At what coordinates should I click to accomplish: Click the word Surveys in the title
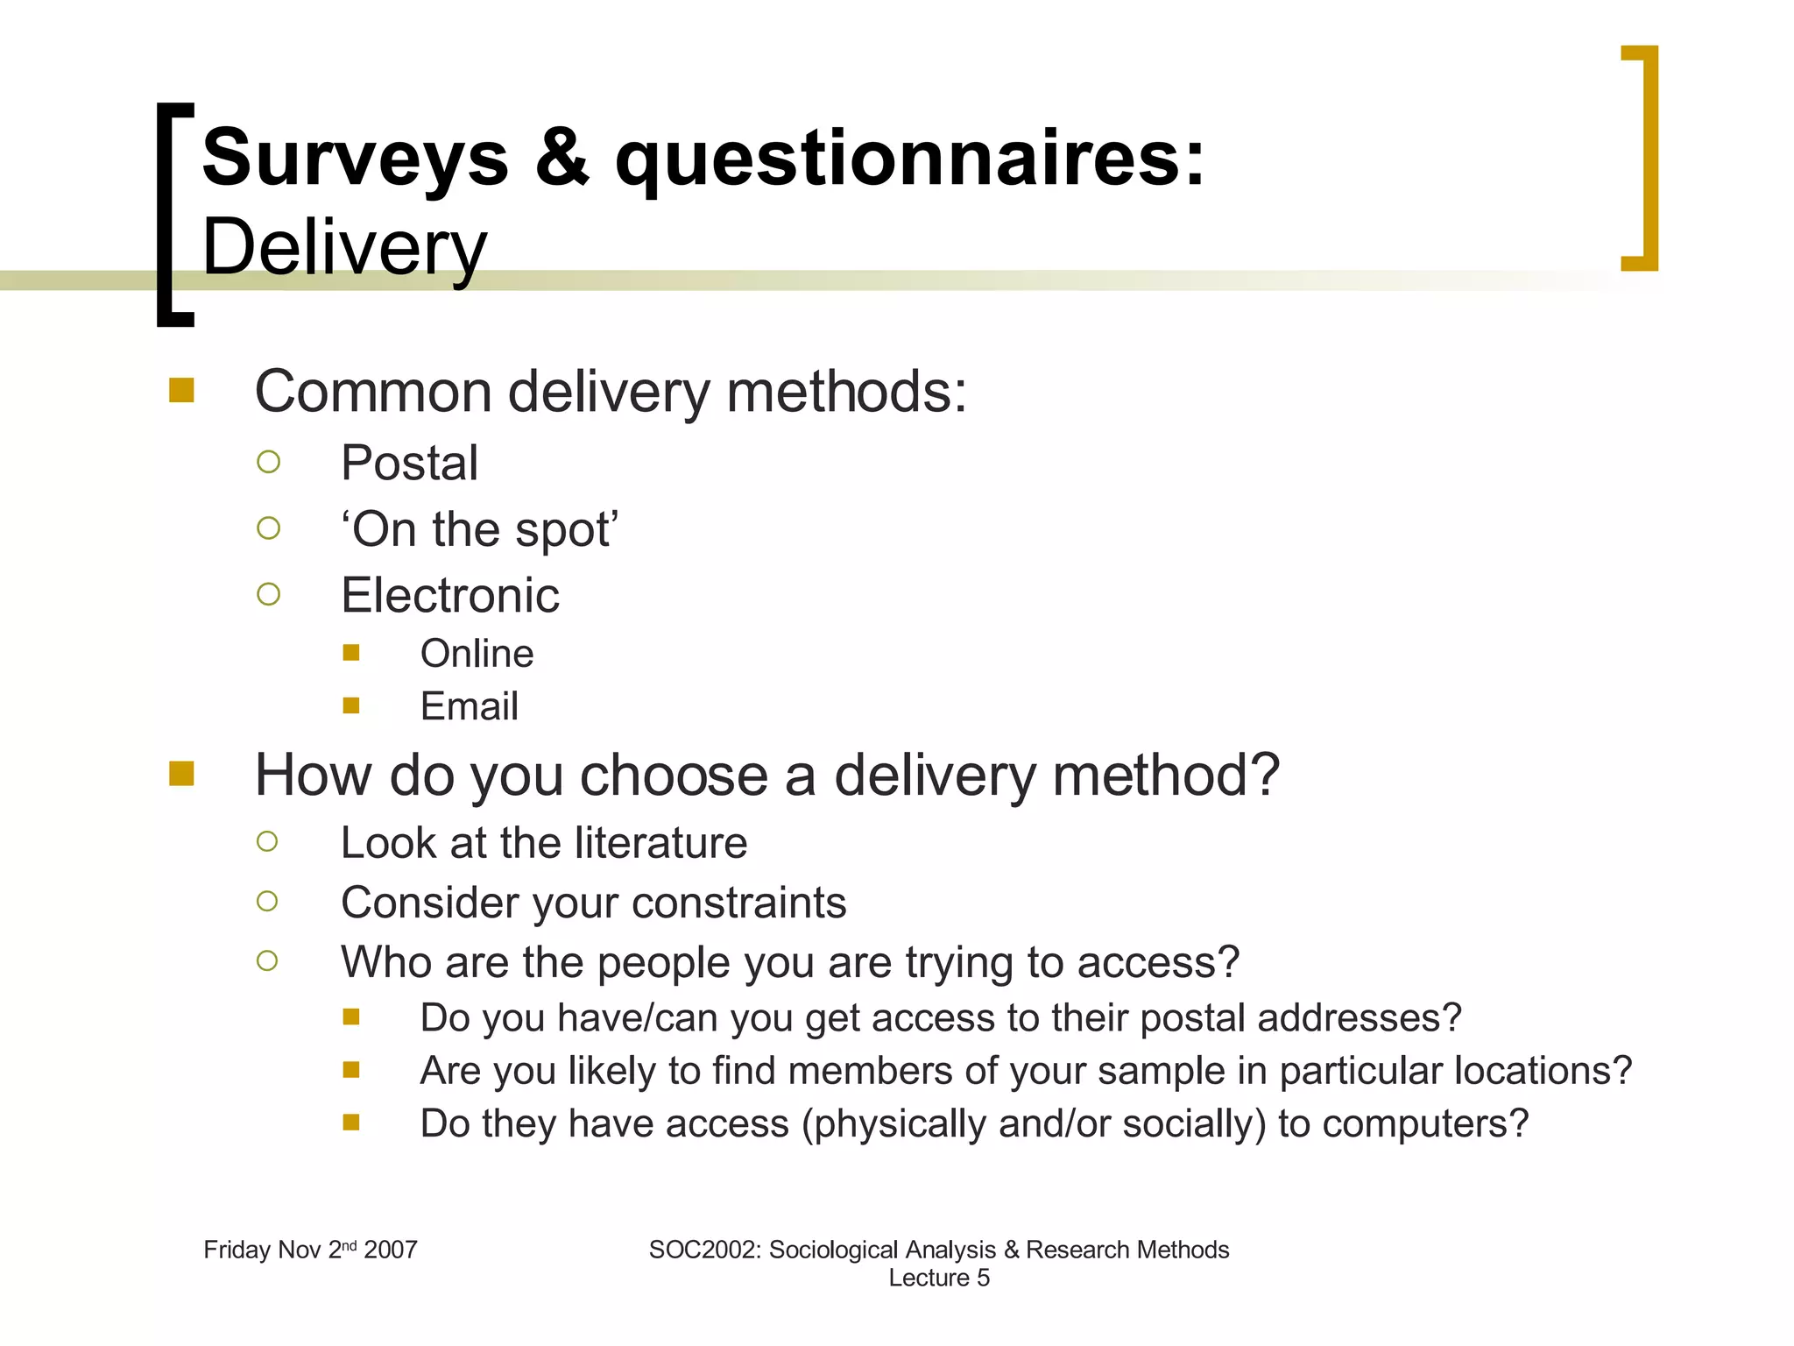(x=355, y=159)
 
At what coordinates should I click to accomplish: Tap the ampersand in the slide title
(x=562, y=159)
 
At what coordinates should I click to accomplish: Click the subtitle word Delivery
(x=344, y=249)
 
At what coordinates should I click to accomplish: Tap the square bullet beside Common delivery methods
(x=181, y=390)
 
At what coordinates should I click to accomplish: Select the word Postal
(x=409, y=463)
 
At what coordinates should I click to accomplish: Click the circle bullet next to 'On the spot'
(x=268, y=528)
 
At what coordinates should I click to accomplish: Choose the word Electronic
(x=449, y=596)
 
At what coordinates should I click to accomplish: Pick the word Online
(x=477, y=654)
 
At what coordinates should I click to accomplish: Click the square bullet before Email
(x=351, y=706)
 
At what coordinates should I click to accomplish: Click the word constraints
(x=738, y=903)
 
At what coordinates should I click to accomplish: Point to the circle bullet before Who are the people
(x=267, y=961)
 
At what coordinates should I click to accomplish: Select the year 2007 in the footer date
(x=391, y=1250)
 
